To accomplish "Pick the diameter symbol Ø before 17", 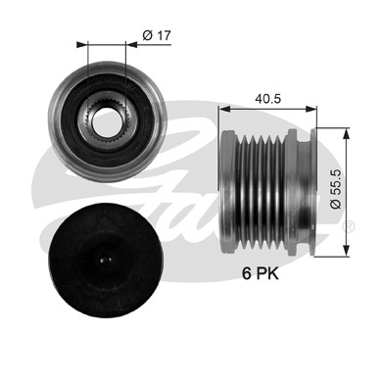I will point(145,36).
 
